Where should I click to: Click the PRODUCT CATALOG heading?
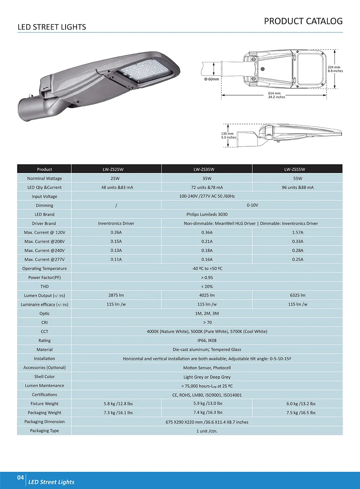303,21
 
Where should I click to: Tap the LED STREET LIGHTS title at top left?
52,27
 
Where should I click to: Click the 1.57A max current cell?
298,232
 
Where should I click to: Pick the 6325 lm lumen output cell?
298,295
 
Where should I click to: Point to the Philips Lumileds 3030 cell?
207,214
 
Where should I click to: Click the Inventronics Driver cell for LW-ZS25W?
116,223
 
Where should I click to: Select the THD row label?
44,286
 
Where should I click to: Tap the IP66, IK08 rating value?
207,341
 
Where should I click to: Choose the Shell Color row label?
44,377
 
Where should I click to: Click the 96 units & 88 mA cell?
298,187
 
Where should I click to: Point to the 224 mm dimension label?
334,67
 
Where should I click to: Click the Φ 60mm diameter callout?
212,79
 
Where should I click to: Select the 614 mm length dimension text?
274,93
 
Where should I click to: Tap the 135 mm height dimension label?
228,134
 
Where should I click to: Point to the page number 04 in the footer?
21,478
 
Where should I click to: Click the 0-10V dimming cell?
252,205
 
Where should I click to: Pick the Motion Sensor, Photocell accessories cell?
207,368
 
